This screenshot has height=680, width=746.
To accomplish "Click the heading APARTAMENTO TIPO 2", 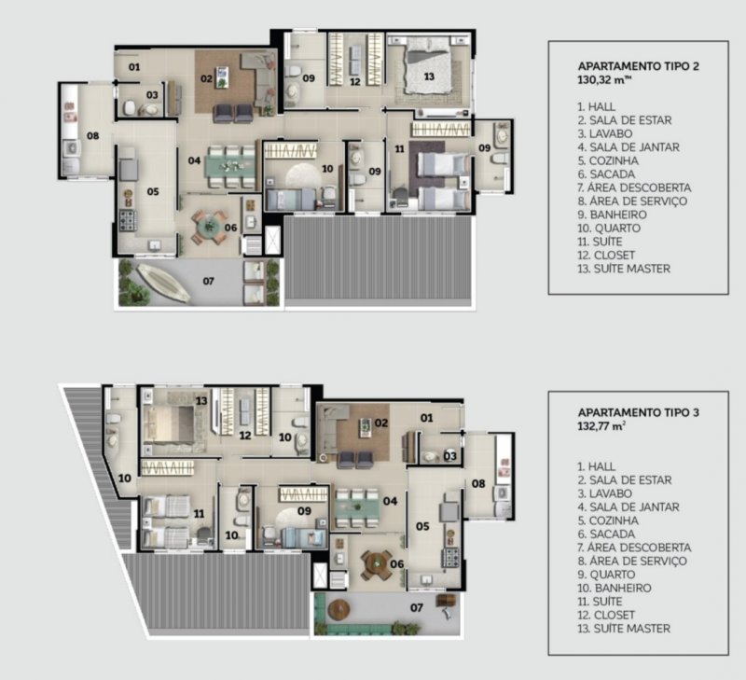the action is tap(639, 65).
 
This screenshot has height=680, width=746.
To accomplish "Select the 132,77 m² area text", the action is tap(601, 426).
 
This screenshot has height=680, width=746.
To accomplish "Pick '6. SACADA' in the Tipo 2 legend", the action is tap(607, 174).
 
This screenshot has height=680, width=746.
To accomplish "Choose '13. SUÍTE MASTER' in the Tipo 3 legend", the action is tap(624, 629).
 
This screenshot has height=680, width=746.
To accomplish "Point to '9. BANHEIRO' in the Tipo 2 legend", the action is tap(613, 215).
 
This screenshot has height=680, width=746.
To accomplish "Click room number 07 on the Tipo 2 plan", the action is tap(208, 281).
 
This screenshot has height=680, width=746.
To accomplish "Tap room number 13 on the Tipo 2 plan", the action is tap(429, 76).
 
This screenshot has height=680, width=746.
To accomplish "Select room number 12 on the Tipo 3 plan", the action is tap(245, 436).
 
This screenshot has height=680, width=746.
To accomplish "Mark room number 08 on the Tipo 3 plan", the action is tap(478, 483).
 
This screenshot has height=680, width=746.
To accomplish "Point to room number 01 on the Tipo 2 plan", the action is tap(134, 67).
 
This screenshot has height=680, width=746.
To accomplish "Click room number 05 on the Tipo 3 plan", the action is tap(422, 526).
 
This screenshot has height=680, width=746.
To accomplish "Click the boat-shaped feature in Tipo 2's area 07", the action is tap(163, 284).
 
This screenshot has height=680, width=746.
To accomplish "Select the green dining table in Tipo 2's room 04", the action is tap(230, 167).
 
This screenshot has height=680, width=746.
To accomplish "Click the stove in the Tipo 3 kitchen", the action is tap(450, 557).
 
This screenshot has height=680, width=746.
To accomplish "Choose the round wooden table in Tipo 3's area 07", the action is tap(339, 609).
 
